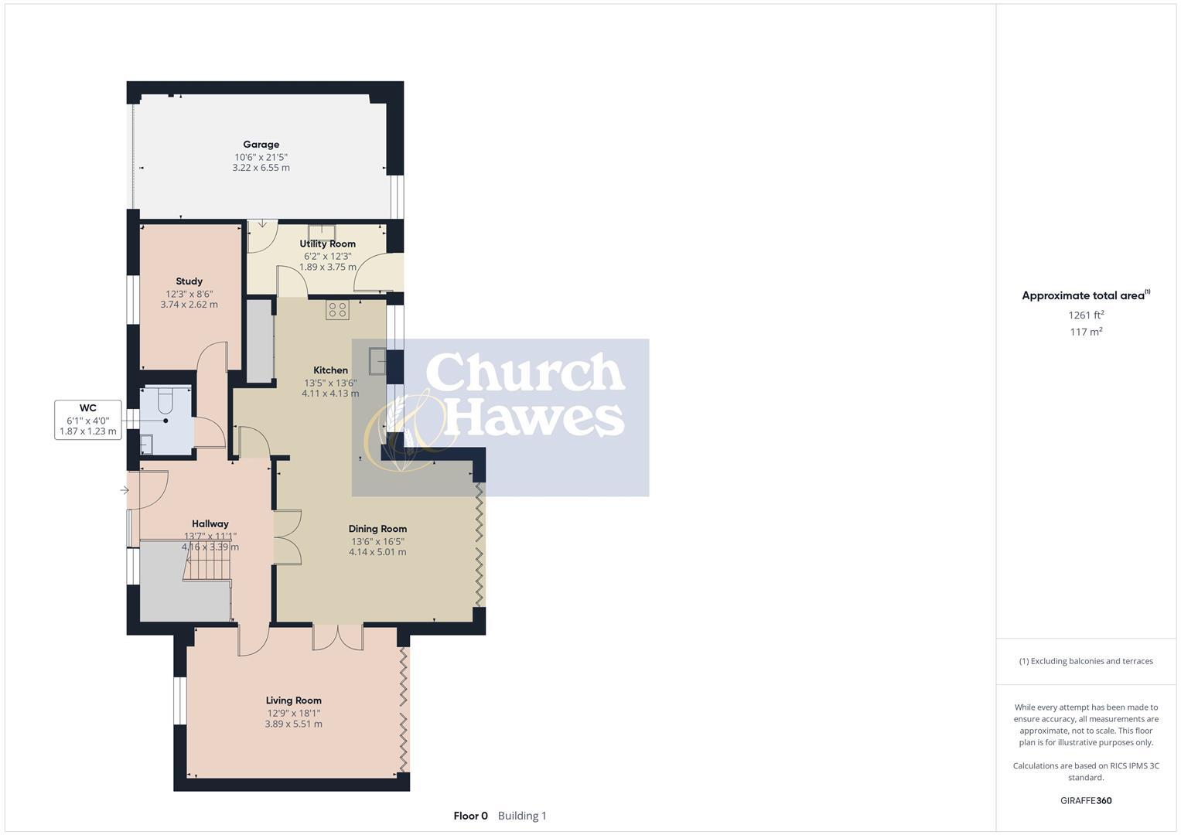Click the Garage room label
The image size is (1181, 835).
(x=261, y=145)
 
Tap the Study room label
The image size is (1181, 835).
(x=189, y=281)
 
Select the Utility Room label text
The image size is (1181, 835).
(x=327, y=244)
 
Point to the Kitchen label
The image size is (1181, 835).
(x=330, y=370)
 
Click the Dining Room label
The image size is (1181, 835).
(x=377, y=529)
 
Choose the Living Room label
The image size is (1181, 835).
(x=293, y=700)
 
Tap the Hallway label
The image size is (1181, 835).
(x=210, y=523)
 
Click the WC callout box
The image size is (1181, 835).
(x=88, y=420)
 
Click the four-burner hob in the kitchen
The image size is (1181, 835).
(x=337, y=310)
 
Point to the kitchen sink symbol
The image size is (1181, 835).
(x=378, y=361)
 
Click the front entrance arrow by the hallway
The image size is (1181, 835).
(x=124, y=490)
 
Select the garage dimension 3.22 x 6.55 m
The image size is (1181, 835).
(x=261, y=168)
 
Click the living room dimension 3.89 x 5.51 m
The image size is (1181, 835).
(x=293, y=724)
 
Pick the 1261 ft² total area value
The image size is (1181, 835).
(x=1085, y=315)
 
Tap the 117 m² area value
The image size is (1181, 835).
(x=1085, y=332)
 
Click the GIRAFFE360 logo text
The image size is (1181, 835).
(x=1085, y=800)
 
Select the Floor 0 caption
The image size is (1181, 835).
(x=470, y=816)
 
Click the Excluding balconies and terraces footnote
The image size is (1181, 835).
(x=1086, y=661)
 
